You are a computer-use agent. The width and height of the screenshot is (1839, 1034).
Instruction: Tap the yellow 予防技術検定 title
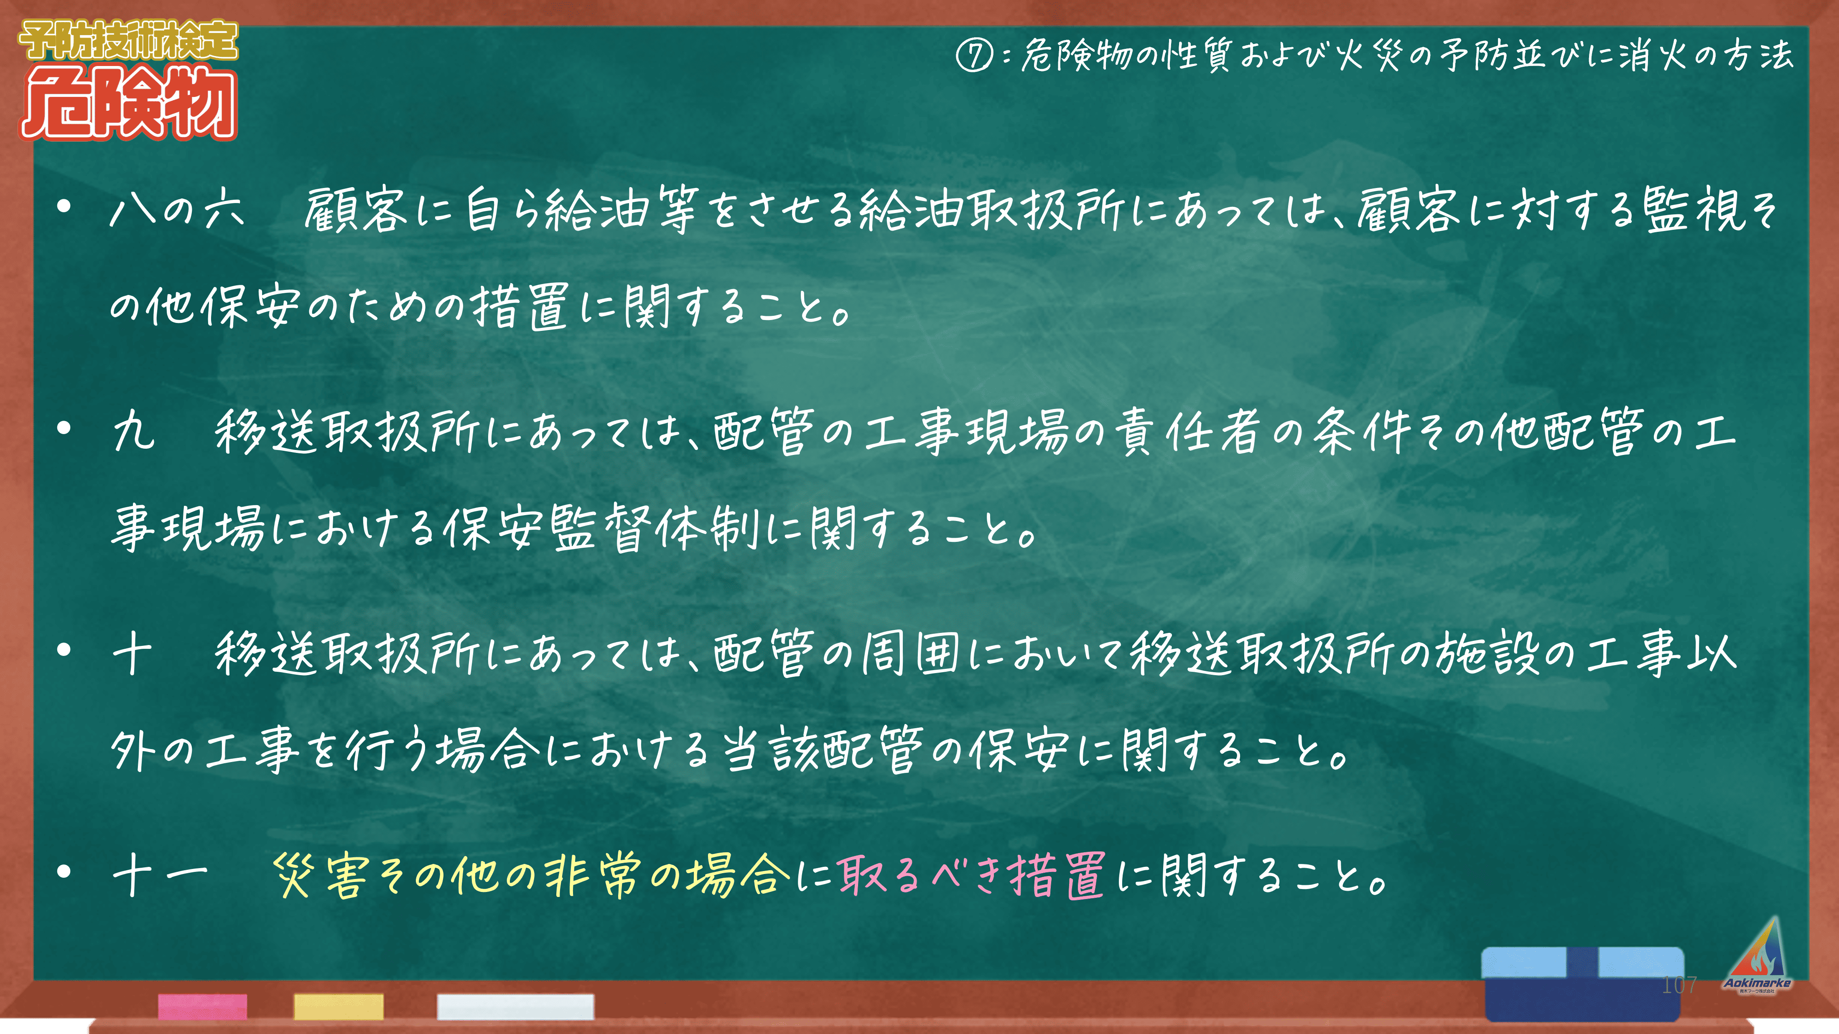[128, 41]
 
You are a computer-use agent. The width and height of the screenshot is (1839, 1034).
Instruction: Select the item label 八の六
[178, 210]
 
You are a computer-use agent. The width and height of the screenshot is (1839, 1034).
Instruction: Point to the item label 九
[133, 431]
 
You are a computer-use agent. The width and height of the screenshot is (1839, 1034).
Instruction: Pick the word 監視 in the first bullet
[1696, 210]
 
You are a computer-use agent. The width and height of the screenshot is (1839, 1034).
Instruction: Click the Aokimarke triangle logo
[1757, 956]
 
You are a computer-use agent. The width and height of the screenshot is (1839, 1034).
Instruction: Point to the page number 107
[1679, 985]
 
